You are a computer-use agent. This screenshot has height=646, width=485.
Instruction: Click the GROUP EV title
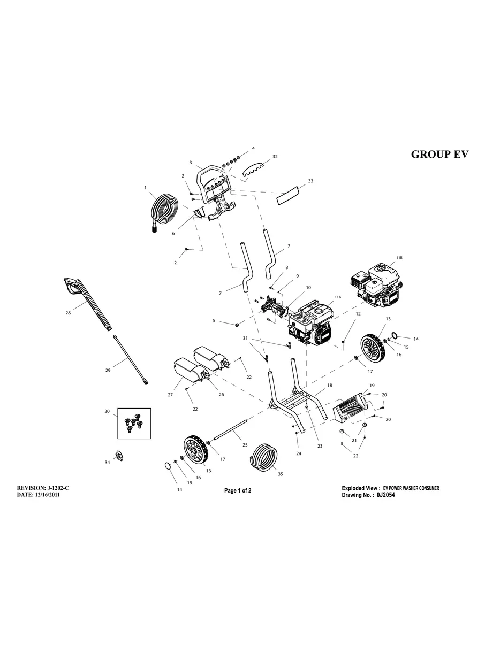439,154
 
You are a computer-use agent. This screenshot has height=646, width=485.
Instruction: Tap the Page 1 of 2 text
238,491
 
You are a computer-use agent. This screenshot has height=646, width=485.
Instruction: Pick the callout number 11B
399,258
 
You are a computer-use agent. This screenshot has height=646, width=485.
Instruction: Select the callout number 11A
338,297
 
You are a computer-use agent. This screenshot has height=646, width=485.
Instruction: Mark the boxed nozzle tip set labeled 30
134,423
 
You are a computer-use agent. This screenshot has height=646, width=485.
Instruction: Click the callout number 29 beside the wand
108,370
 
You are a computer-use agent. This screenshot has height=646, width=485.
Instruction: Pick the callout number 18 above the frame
330,385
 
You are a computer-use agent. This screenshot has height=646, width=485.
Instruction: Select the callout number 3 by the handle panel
191,162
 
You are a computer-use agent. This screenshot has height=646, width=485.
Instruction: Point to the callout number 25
245,445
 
